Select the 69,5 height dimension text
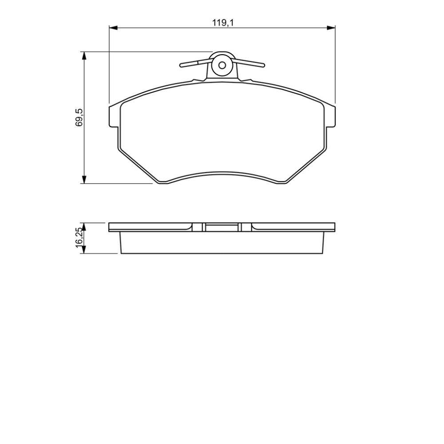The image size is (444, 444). pyautogui.click(x=79, y=117)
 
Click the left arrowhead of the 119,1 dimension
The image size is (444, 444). pyautogui.click(x=113, y=28)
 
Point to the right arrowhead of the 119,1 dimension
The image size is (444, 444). pyautogui.click(x=331, y=28)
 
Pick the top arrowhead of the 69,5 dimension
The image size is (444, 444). pyautogui.click(x=84, y=56)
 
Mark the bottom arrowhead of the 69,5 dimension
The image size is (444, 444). pyautogui.click(x=84, y=179)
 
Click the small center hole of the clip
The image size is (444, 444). pyautogui.click(x=222, y=65)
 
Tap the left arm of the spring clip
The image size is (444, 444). pyautogui.click(x=196, y=64)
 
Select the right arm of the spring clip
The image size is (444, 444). pyautogui.click(x=249, y=63)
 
